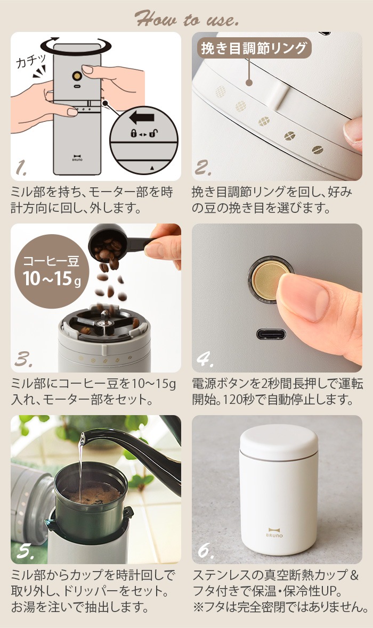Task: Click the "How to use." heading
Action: (x=186, y=19)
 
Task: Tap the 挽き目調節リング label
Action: (x=254, y=48)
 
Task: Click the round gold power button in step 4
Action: (x=268, y=280)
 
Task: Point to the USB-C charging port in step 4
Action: (x=271, y=334)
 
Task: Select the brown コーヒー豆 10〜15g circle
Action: (x=51, y=271)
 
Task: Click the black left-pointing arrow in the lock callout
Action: (x=142, y=118)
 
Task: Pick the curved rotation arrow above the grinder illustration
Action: (x=76, y=45)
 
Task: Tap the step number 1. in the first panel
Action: (x=21, y=168)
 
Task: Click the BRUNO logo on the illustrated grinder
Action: (x=77, y=158)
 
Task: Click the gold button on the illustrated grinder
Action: (x=77, y=76)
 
